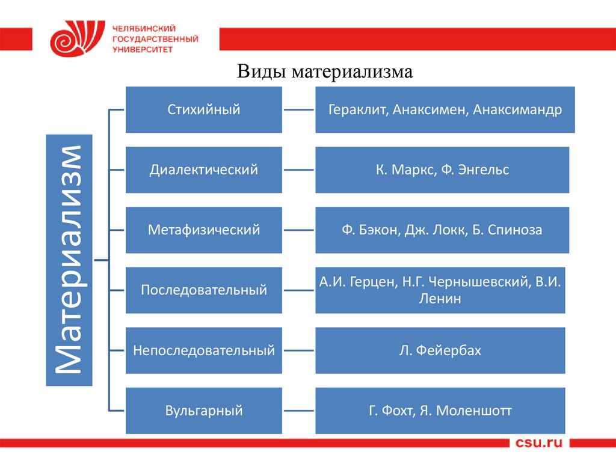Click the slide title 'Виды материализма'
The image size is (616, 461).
click(x=325, y=72)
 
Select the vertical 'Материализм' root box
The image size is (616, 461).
click(x=69, y=260)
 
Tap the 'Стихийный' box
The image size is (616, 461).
click(x=204, y=109)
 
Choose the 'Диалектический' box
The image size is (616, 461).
click(x=204, y=170)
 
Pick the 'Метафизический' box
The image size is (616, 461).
click(x=204, y=230)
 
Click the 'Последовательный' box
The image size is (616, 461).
click(x=204, y=290)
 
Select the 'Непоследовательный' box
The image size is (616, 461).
click(x=204, y=350)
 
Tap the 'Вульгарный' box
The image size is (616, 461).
click(x=204, y=411)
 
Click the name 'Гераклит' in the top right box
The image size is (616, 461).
click(x=356, y=110)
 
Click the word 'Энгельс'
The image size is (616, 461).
click(x=483, y=170)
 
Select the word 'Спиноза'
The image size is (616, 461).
click(x=516, y=230)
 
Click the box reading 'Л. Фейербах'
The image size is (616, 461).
click(x=440, y=350)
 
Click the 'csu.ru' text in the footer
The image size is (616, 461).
click(x=538, y=444)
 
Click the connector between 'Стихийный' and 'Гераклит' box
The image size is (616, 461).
click(x=298, y=110)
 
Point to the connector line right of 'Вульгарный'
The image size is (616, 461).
click(x=298, y=411)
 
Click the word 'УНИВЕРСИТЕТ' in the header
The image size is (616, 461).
click(x=143, y=50)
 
